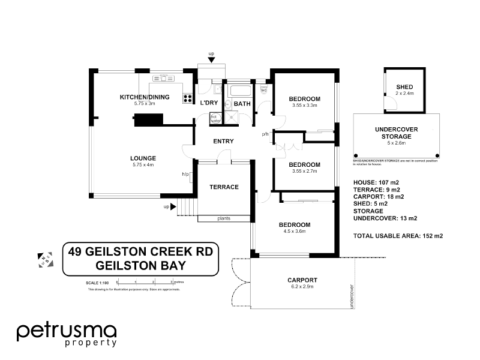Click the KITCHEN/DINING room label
pos(145,97)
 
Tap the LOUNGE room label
pos(143,158)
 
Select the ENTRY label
pos(223,142)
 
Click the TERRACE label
pos(224,187)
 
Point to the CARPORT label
pos(302,280)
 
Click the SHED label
pos(404,88)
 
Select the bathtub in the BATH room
pos(241,92)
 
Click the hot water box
pos(215,118)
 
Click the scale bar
pos(145,281)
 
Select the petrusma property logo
pos(66,334)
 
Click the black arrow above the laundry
pos(211,61)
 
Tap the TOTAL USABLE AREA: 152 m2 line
pos(398,236)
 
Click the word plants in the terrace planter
pos(223,219)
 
